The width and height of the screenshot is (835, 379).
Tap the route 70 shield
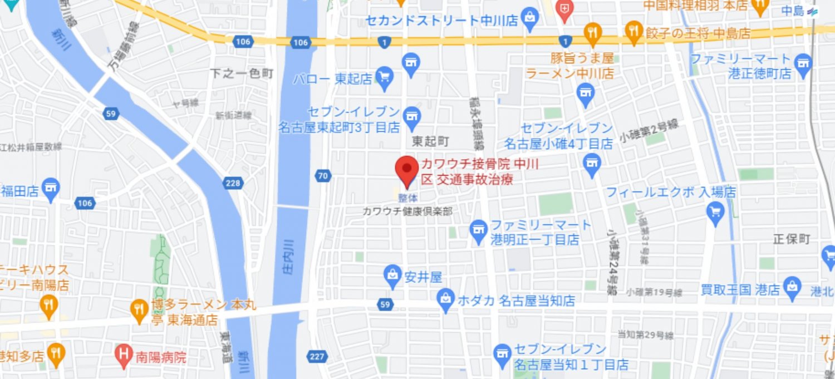tap(322, 176)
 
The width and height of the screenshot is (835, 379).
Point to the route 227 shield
tap(317, 356)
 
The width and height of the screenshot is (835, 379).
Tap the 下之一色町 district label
tap(242, 73)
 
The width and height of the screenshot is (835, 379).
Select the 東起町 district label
tap(430, 141)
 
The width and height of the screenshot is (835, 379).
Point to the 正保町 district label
tap(792, 239)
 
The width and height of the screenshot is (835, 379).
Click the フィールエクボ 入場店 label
tap(671, 193)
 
